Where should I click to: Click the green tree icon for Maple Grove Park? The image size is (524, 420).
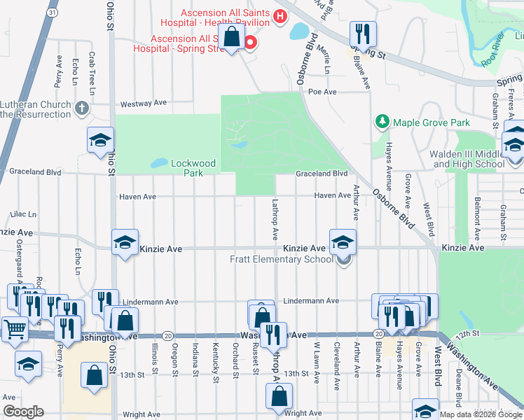click(382, 122)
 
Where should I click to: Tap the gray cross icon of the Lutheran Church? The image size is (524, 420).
click(82, 108)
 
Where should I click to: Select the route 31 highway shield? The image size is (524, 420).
click(53, 13)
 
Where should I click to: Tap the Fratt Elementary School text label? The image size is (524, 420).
click(281, 260)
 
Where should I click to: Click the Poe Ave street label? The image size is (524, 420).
click(322, 92)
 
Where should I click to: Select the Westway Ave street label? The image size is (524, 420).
click(143, 103)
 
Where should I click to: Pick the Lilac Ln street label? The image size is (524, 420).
click(23, 214)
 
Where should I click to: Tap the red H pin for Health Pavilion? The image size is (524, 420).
click(280, 16)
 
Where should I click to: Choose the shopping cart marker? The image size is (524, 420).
click(15, 328)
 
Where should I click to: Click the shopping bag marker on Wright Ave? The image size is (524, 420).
click(279, 396)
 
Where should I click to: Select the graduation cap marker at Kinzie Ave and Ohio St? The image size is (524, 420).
click(125, 243)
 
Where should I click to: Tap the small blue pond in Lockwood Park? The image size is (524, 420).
click(159, 163)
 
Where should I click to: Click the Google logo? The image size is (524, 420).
click(23, 412)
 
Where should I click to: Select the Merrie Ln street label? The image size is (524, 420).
click(326, 59)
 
